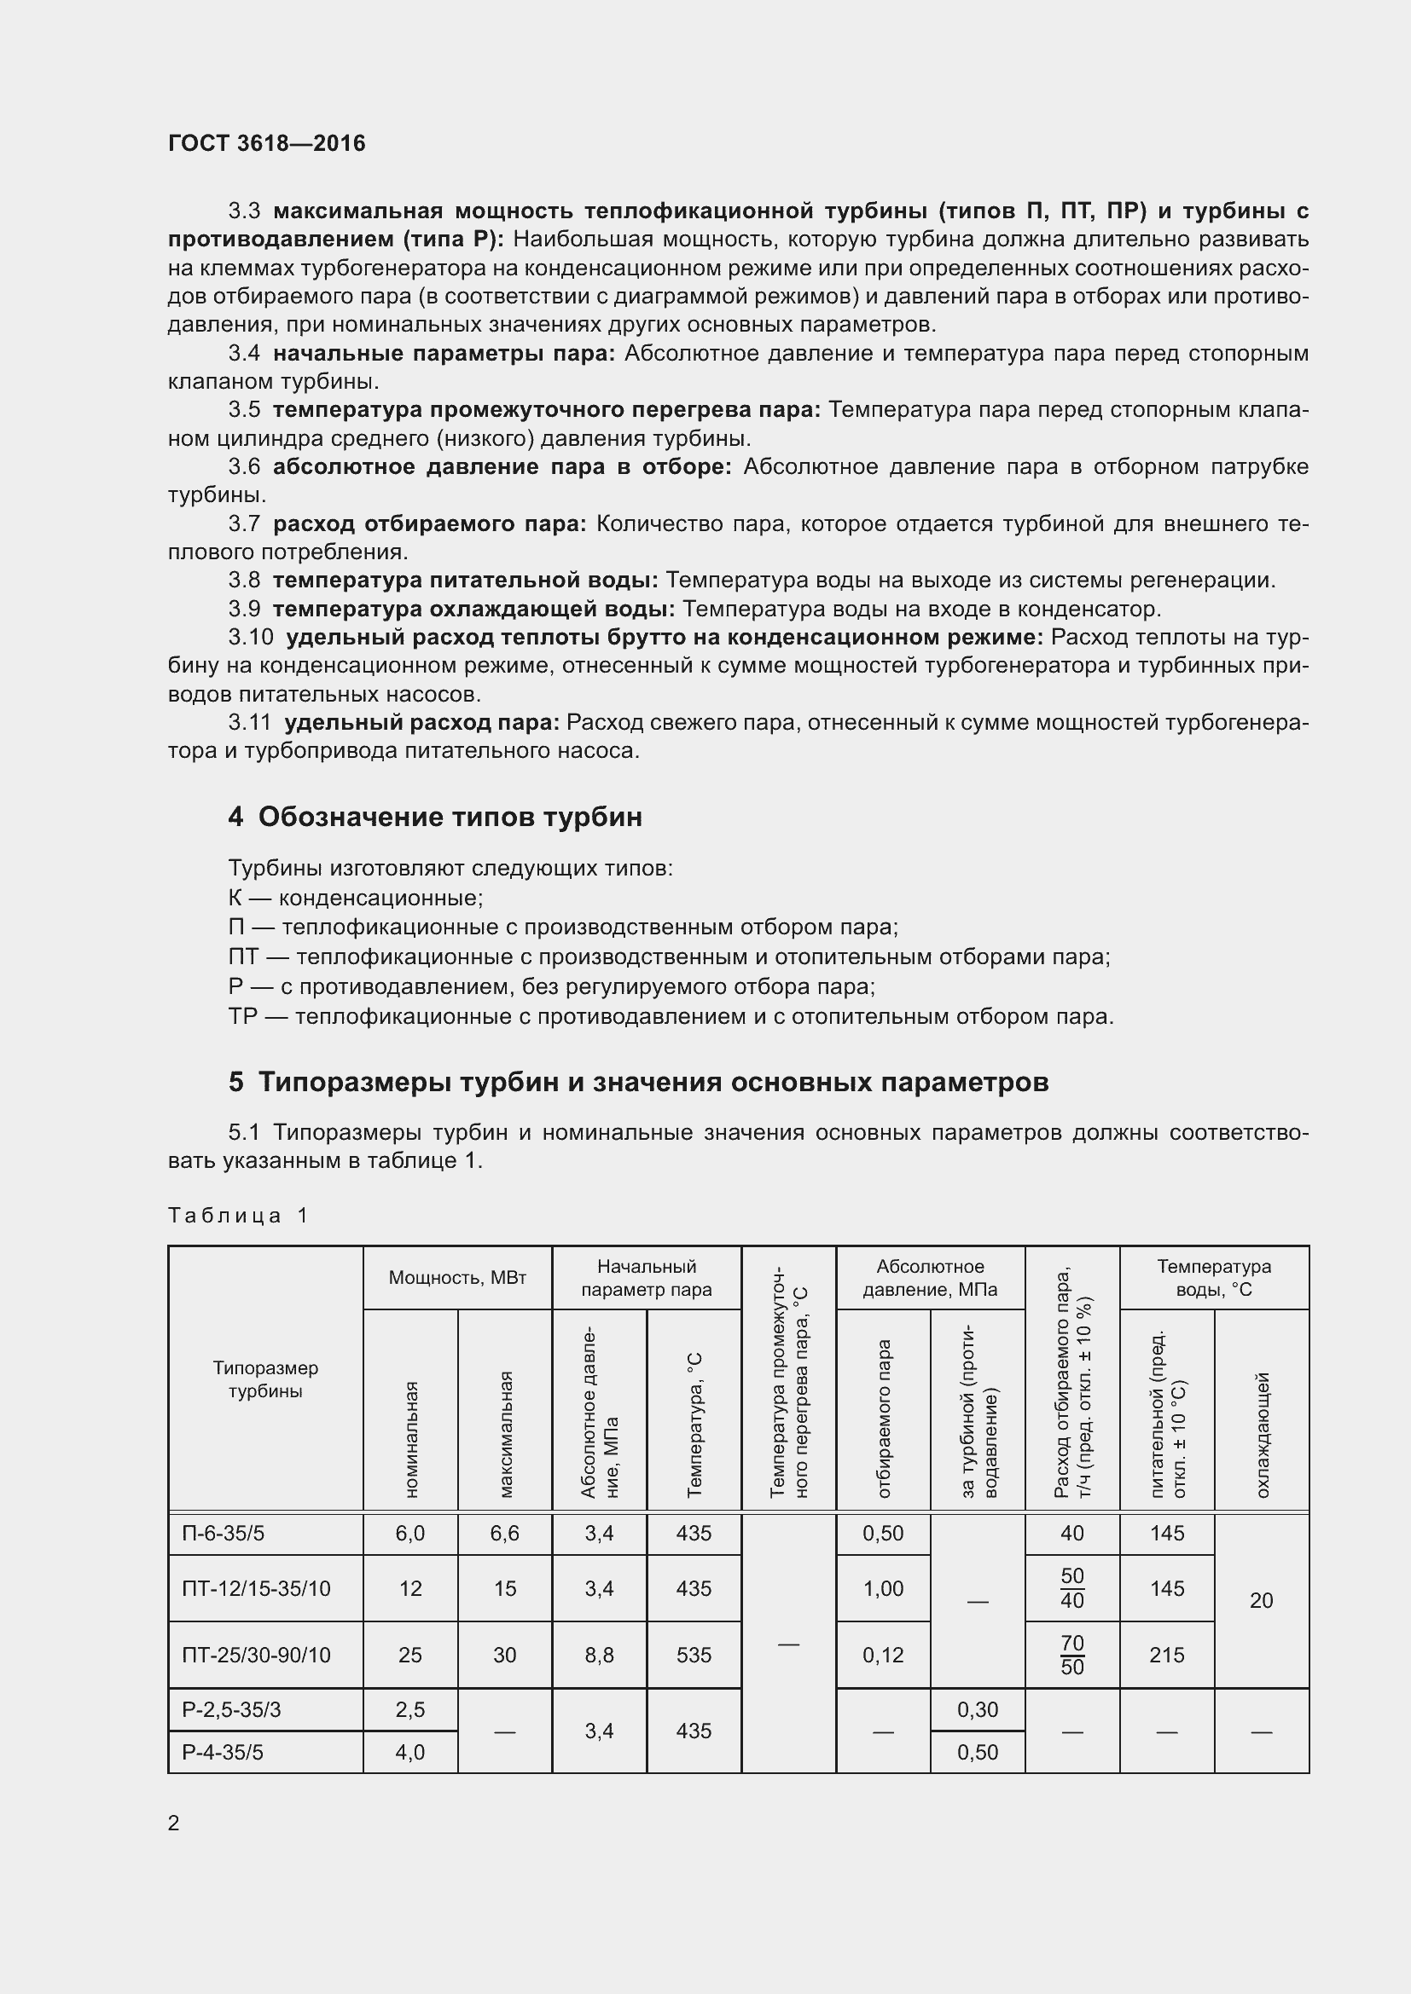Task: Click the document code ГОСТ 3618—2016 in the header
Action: tap(267, 143)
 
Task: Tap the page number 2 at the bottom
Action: tap(174, 1823)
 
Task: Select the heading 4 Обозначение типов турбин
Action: tap(435, 817)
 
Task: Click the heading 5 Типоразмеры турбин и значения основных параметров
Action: tap(639, 1082)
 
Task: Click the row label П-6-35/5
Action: tap(224, 1534)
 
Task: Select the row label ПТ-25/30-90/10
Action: tap(256, 1656)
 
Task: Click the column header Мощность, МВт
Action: tap(457, 1278)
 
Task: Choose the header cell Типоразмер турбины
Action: tap(265, 1379)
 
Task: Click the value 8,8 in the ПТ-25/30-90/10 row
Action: tap(600, 1656)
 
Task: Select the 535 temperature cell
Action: tap(694, 1656)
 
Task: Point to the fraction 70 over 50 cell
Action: tap(1072, 1656)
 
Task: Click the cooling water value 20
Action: tap(1262, 1601)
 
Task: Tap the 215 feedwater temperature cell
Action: tap(1167, 1656)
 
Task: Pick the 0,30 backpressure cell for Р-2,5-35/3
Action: tap(978, 1710)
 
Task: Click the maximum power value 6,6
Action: tap(505, 1534)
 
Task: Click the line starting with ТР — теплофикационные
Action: tap(670, 1016)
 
